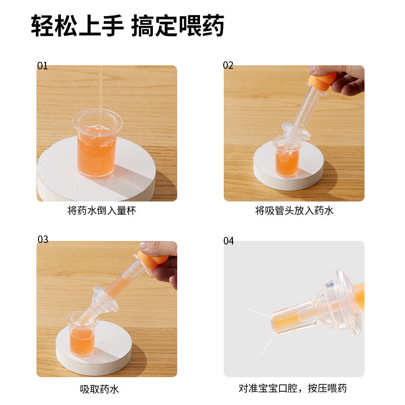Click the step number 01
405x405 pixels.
coord(43,66)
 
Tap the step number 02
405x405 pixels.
coord(228,65)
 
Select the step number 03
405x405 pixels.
coord(43,239)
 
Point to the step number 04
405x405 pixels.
coord(229,241)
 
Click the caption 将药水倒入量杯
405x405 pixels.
coord(102,211)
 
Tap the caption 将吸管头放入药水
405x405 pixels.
coord(294,211)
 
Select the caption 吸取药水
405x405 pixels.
coord(99,389)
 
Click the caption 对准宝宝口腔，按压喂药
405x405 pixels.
coord(293,388)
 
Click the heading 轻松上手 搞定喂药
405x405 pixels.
coord(128,26)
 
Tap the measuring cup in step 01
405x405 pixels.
coord(97,143)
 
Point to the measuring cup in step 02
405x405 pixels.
coord(287,157)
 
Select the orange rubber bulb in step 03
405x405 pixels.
coord(152,260)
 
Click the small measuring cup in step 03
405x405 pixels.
coord(82,334)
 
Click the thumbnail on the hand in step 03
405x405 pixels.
coord(145,245)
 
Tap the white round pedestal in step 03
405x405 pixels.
coord(94,349)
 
